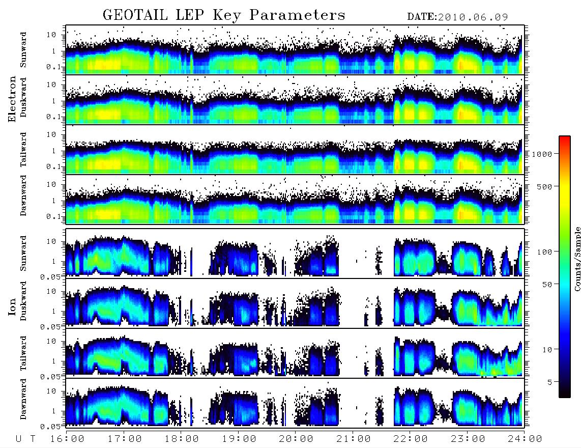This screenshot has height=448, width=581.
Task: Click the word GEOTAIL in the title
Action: (135, 15)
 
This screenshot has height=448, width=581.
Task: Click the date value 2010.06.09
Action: (473, 17)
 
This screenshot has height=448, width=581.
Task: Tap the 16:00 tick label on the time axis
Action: (67, 439)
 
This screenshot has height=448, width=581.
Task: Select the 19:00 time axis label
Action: (239, 439)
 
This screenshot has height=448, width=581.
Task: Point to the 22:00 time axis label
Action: (411, 439)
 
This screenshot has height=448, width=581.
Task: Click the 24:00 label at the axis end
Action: (525, 439)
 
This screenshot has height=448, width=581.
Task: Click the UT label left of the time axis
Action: (25, 439)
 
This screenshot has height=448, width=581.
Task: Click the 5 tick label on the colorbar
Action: (550, 382)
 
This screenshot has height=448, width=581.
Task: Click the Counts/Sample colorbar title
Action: (577, 259)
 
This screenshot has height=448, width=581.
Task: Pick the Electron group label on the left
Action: (12, 99)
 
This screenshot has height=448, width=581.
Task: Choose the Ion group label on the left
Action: (12, 306)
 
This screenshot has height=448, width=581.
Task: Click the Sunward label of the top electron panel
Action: (23, 50)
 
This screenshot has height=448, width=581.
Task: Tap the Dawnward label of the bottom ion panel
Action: (23, 399)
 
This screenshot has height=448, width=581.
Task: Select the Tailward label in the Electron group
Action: (23, 150)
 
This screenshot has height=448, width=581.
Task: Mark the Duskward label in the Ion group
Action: (23, 301)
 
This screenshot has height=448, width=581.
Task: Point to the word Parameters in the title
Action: (297, 15)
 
